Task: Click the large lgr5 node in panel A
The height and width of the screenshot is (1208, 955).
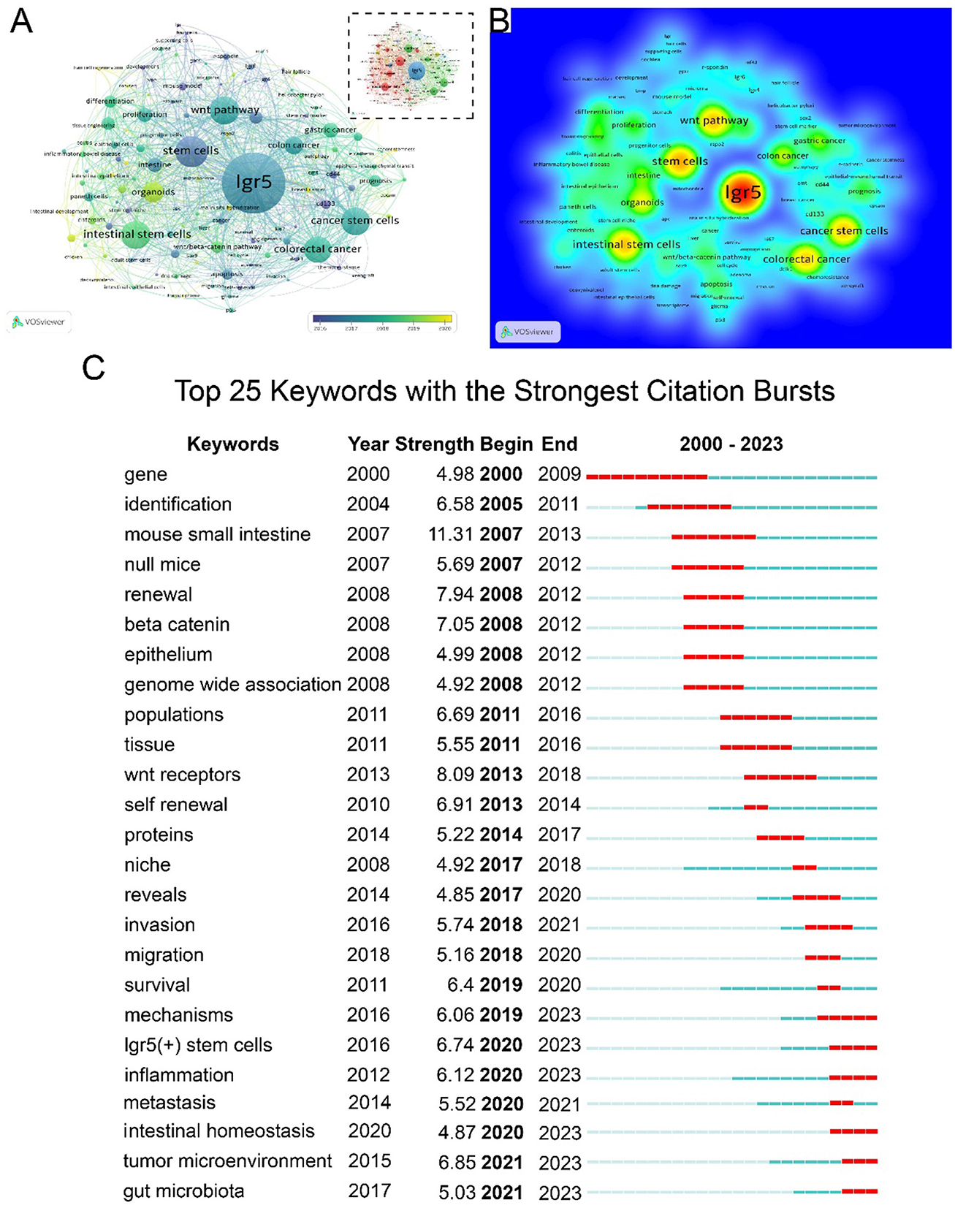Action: tap(252, 182)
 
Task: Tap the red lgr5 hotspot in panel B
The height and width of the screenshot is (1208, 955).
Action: tap(742, 192)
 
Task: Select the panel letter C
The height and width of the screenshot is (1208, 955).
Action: tap(94, 368)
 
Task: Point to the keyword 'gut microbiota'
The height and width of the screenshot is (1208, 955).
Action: tap(183, 1191)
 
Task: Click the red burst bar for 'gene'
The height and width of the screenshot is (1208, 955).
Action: tap(647, 477)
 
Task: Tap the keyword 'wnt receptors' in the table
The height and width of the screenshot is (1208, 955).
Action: tap(182, 775)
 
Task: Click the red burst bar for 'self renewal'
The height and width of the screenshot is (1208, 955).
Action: tap(756, 808)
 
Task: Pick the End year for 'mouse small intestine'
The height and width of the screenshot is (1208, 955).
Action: tap(559, 535)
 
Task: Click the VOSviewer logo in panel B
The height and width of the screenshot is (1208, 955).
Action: tap(528, 332)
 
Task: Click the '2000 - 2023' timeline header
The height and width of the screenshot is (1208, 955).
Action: tap(731, 444)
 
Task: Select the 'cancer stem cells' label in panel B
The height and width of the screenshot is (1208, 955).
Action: tap(844, 231)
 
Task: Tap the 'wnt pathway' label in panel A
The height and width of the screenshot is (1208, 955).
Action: tap(225, 110)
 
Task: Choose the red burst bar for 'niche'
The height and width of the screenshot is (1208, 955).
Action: tap(804, 867)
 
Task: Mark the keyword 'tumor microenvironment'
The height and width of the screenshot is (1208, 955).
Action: tap(227, 1161)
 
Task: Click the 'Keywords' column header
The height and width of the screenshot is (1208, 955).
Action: tap(232, 444)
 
